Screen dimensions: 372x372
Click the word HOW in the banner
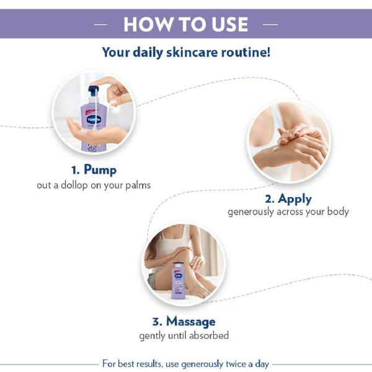(x=144, y=24)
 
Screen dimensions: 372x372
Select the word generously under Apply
(x=253, y=212)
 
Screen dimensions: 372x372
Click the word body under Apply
(x=337, y=212)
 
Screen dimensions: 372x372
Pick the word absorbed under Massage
(x=208, y=335)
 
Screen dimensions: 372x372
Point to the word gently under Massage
(x=153, y=336)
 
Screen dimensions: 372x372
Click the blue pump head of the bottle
(x=94, y=92)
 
